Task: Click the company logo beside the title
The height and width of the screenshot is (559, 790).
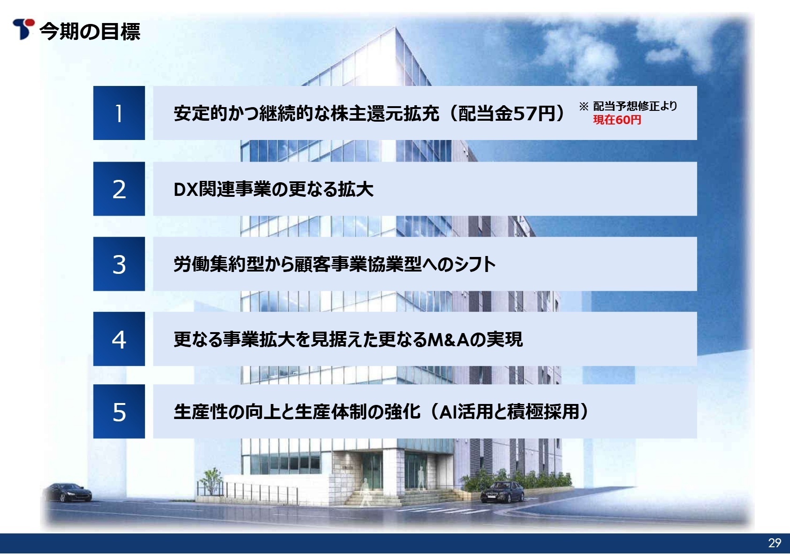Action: [x=23, y=29]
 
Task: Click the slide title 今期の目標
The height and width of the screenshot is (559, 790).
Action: [x=90, y=31]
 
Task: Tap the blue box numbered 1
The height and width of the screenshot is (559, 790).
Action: [x=119, y=113]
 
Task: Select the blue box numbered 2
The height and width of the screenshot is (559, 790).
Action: [x=119, y=189]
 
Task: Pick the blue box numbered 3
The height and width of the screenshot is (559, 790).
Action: [x=119, y=264]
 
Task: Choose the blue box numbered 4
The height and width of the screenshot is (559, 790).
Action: [x=119, y=339]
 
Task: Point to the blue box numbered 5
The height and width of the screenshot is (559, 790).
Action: [x=119, y=411]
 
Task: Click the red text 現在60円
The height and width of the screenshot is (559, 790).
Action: [x=617, y=120]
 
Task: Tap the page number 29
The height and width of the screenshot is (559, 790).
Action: [x=774, y=543]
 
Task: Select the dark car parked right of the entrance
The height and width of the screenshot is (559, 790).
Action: [x=502, y=491]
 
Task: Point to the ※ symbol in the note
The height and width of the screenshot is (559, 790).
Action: [x=583, y=107]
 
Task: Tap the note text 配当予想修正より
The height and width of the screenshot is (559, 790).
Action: [x=635, y=106]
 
